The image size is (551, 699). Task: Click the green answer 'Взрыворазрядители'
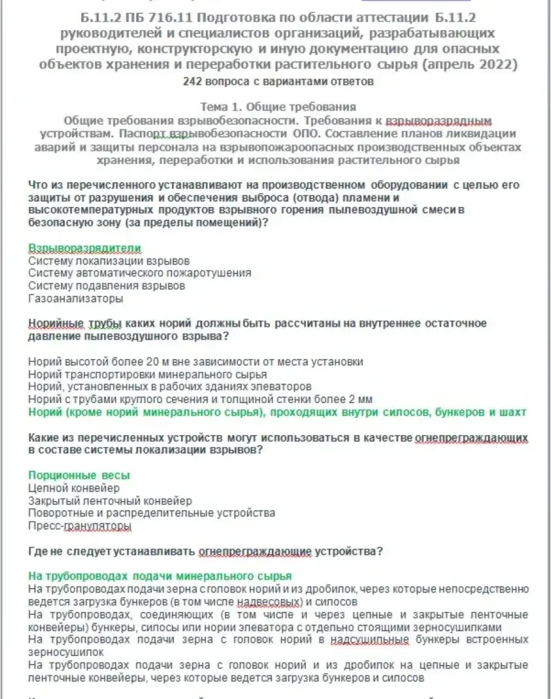tap(85, 249)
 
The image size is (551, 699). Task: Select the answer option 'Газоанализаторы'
tap(76, 298)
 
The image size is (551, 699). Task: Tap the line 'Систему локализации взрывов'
tap(109, 261)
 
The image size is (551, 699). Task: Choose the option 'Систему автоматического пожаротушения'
tap(139, 273)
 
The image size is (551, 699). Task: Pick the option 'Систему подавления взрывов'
tap(107, 286)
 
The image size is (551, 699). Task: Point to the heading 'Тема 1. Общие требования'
tap(278, 107)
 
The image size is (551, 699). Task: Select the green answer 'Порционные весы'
tap(79, 475)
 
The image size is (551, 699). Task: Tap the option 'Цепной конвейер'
tap(74, 488)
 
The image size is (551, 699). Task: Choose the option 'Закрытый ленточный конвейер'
tap(110, 500)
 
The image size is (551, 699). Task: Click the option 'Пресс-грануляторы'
tap(80, 526)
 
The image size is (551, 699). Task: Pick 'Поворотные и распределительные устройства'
tap(151, 513)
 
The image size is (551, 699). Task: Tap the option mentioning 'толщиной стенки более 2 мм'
tap(200, 399)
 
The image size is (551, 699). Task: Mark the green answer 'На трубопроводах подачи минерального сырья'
tap(160, 576)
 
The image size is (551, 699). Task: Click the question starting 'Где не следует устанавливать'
tap(205, 551)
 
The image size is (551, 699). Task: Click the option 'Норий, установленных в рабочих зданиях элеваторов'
tap(170, 387)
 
